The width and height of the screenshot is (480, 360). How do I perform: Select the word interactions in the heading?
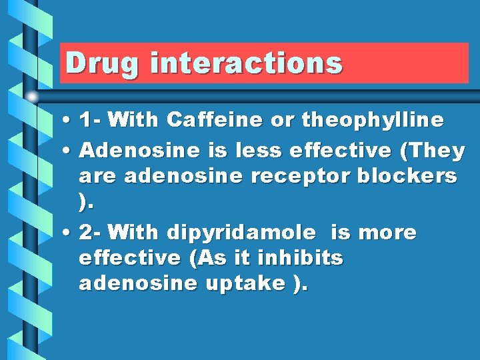click(246, 63)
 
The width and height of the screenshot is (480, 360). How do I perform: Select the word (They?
click(431, 151)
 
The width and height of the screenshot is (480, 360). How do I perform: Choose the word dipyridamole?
click(241, 233)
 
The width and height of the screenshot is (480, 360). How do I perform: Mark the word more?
click(387, 233)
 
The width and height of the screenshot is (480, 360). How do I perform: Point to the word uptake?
click(246, 284)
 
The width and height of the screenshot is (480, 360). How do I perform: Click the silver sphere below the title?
click(32, 96)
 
